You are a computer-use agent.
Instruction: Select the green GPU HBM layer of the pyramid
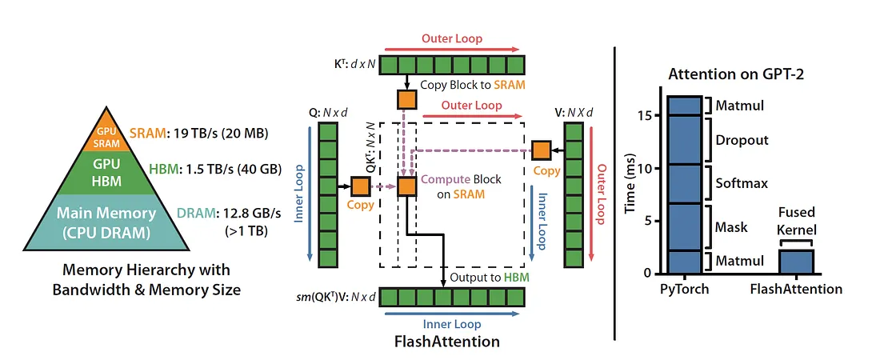pyautogui.click(x=106, y=173)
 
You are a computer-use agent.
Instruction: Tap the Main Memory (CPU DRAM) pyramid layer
pyautogui.click(x=106, y=222)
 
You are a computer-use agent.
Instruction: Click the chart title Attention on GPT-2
pyautogui.click(x=736, y=74)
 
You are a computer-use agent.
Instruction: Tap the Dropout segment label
pyautogui.click(x=742, y=140)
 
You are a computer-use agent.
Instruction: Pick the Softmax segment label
pyautogui.click(x=742, y=183)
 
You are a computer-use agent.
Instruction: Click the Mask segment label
pyautogui.click(x=732, y=227)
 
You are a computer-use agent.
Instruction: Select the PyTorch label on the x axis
pyautogui.click(x=685, y=290)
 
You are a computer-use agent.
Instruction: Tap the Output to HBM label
pyautogui.click(x=486, y=277)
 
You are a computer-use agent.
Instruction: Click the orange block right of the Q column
pyautogui.click(x=360, y=186)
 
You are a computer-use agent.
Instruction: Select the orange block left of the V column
pyautogui.click(x=542, y=150)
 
